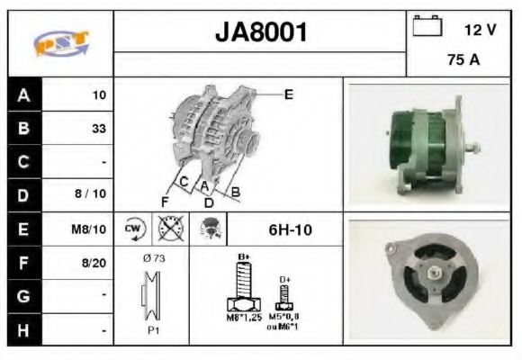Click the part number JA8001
[261, 32]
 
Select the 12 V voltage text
[480, 30]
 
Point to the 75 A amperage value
[463, 61]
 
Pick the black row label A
[23, 94]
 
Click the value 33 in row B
[98, 128]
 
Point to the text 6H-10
[290, 230]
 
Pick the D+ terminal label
[285, 280]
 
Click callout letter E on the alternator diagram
[288, 93]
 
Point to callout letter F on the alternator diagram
[165, 200]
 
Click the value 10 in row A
[99, 94]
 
